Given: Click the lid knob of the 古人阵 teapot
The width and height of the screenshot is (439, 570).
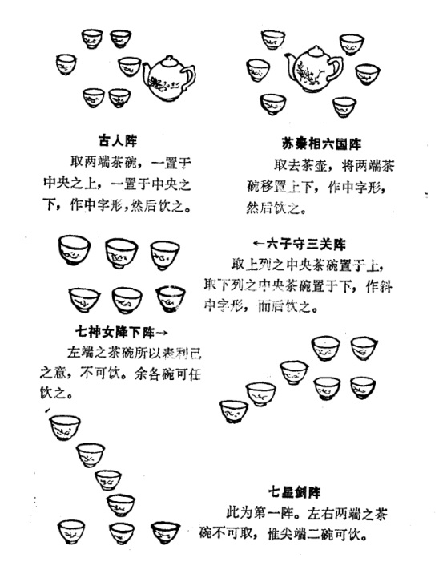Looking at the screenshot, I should [x=170, y=59].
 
